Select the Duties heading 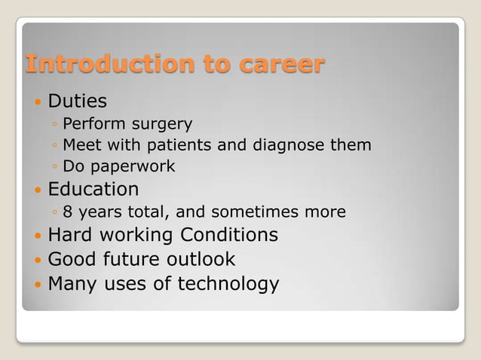pyautogui.click(x=77, y=100)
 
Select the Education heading pyautogui.click(x=93, y=188)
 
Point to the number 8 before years pyautogui.click(x=68, y=212)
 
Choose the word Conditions pyautogui.click(x=229, y=235)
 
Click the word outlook pyautogui.click(x=200, y=259)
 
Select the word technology pyautogui.click(x=228, y=284)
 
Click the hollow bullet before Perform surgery pyautogui.click(x=55, y=124)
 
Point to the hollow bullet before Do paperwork pyautogui.click(x=55, y=166)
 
